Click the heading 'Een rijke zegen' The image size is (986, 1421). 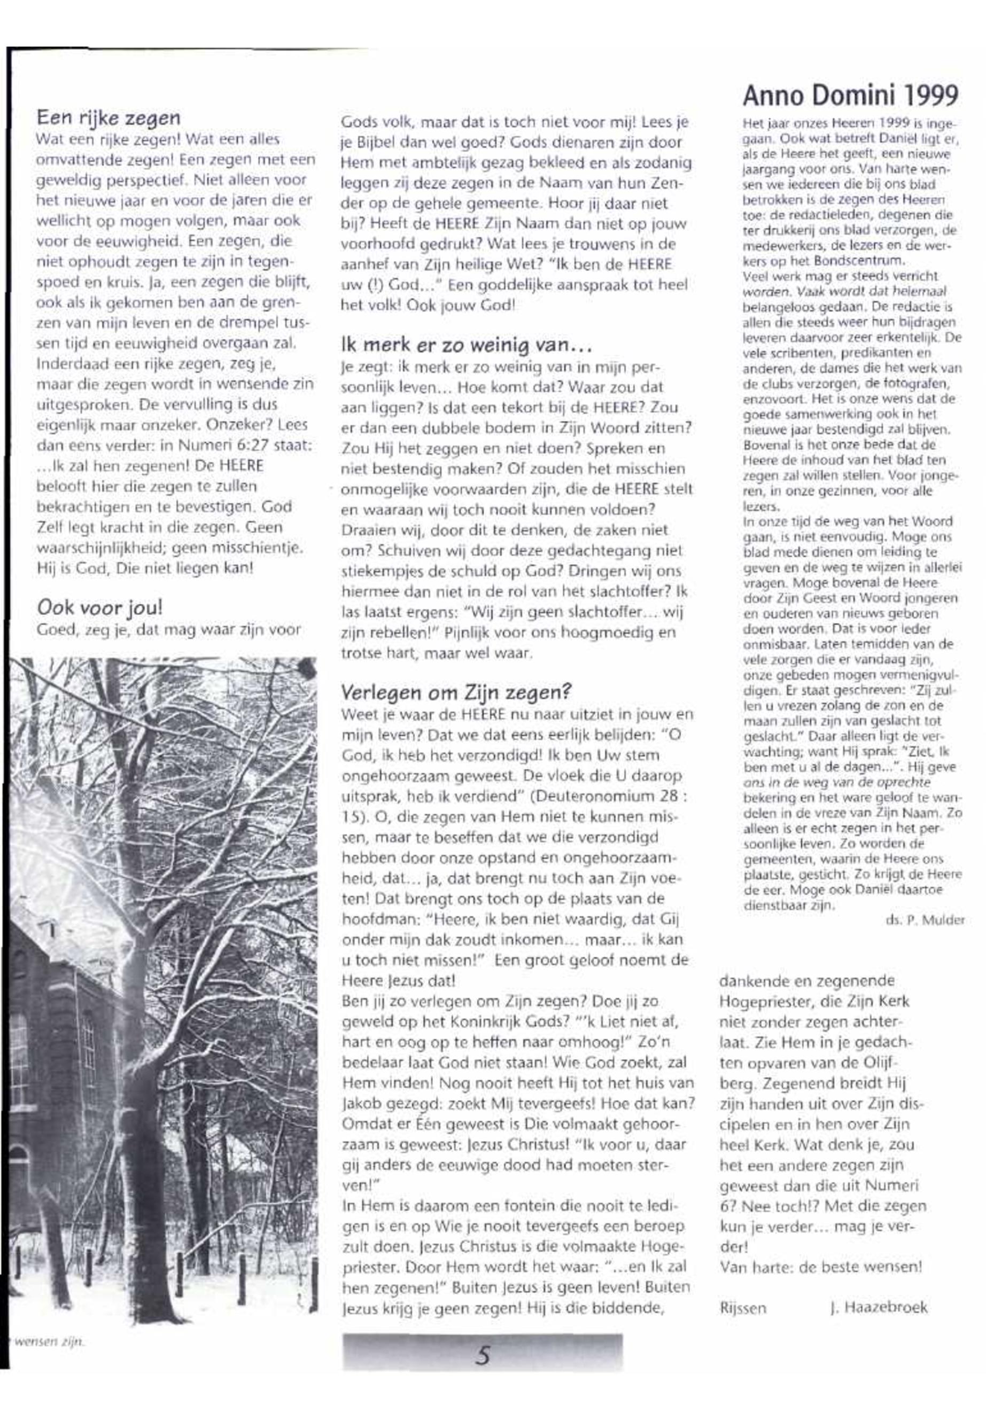pos(108,118)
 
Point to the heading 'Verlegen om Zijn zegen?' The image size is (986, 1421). pos(456,692)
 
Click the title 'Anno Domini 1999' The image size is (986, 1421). pos(850,96)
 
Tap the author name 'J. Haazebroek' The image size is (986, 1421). pos(879,1307)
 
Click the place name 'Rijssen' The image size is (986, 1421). pos(743,1308)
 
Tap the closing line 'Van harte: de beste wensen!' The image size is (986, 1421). pos(821,1267)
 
